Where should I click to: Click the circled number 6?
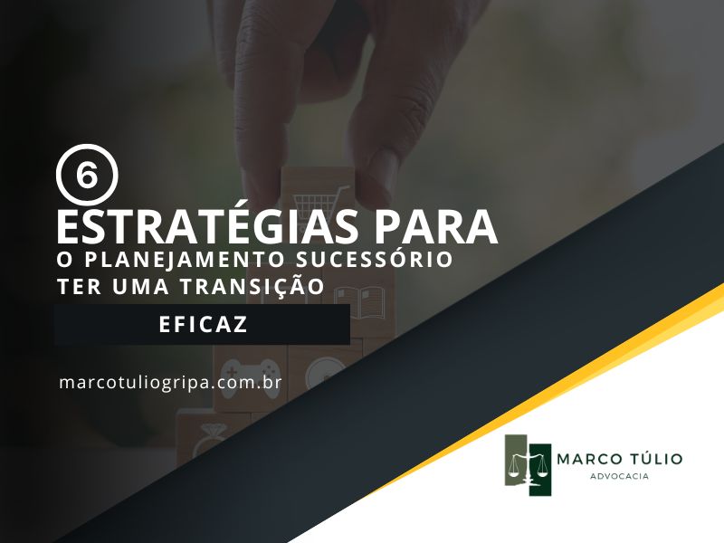click(87, 175)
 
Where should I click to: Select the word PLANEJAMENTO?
click(184, 259)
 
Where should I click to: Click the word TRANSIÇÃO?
click(252, 285)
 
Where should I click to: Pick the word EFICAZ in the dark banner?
click(203, 324)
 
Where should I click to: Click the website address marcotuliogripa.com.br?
click(170, 383)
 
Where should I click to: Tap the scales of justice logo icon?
click(528, 465)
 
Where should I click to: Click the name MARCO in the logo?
click(586, 459)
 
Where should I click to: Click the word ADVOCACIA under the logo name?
click(619, 476)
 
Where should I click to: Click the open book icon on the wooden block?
click(359, 302)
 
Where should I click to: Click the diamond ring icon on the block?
click(209, 439)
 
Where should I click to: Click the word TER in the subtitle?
click(79, 286)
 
